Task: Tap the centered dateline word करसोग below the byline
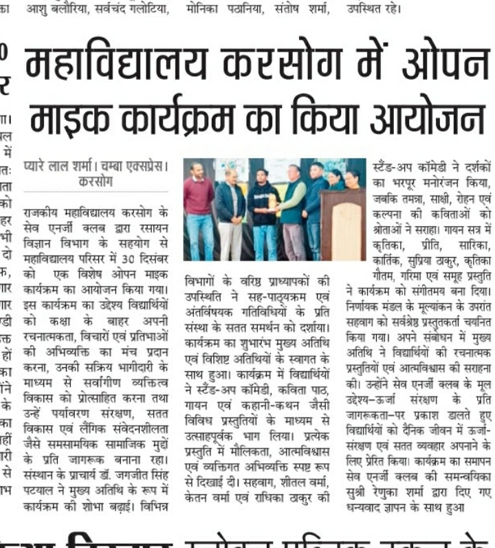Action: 96,182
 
